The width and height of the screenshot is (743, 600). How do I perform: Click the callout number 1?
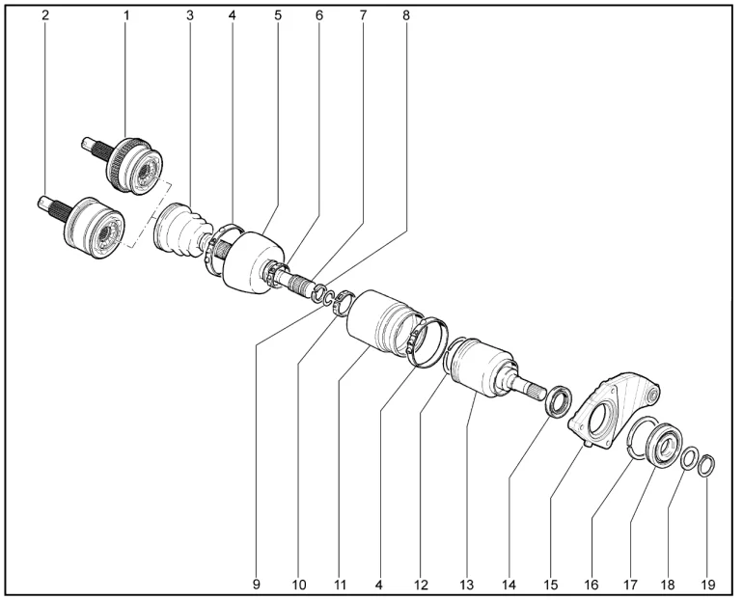[x=126, y=15]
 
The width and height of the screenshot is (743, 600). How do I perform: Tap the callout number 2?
[x=45, y=15]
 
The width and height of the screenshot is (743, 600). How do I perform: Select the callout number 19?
[x=708, y=585]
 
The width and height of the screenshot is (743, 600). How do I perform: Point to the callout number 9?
[x=257, y=585]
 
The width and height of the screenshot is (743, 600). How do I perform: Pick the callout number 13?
[x=466, y=585]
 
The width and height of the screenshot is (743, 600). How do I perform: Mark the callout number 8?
[x=406, y=15]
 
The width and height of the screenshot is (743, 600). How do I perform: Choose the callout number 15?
[x=551, y=585]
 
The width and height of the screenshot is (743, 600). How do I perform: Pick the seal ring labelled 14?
[x=559, y=401]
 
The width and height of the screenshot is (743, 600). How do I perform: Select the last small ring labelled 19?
[x=706, y=466]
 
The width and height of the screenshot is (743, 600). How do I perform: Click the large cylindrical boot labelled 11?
[x=384, y=325]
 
